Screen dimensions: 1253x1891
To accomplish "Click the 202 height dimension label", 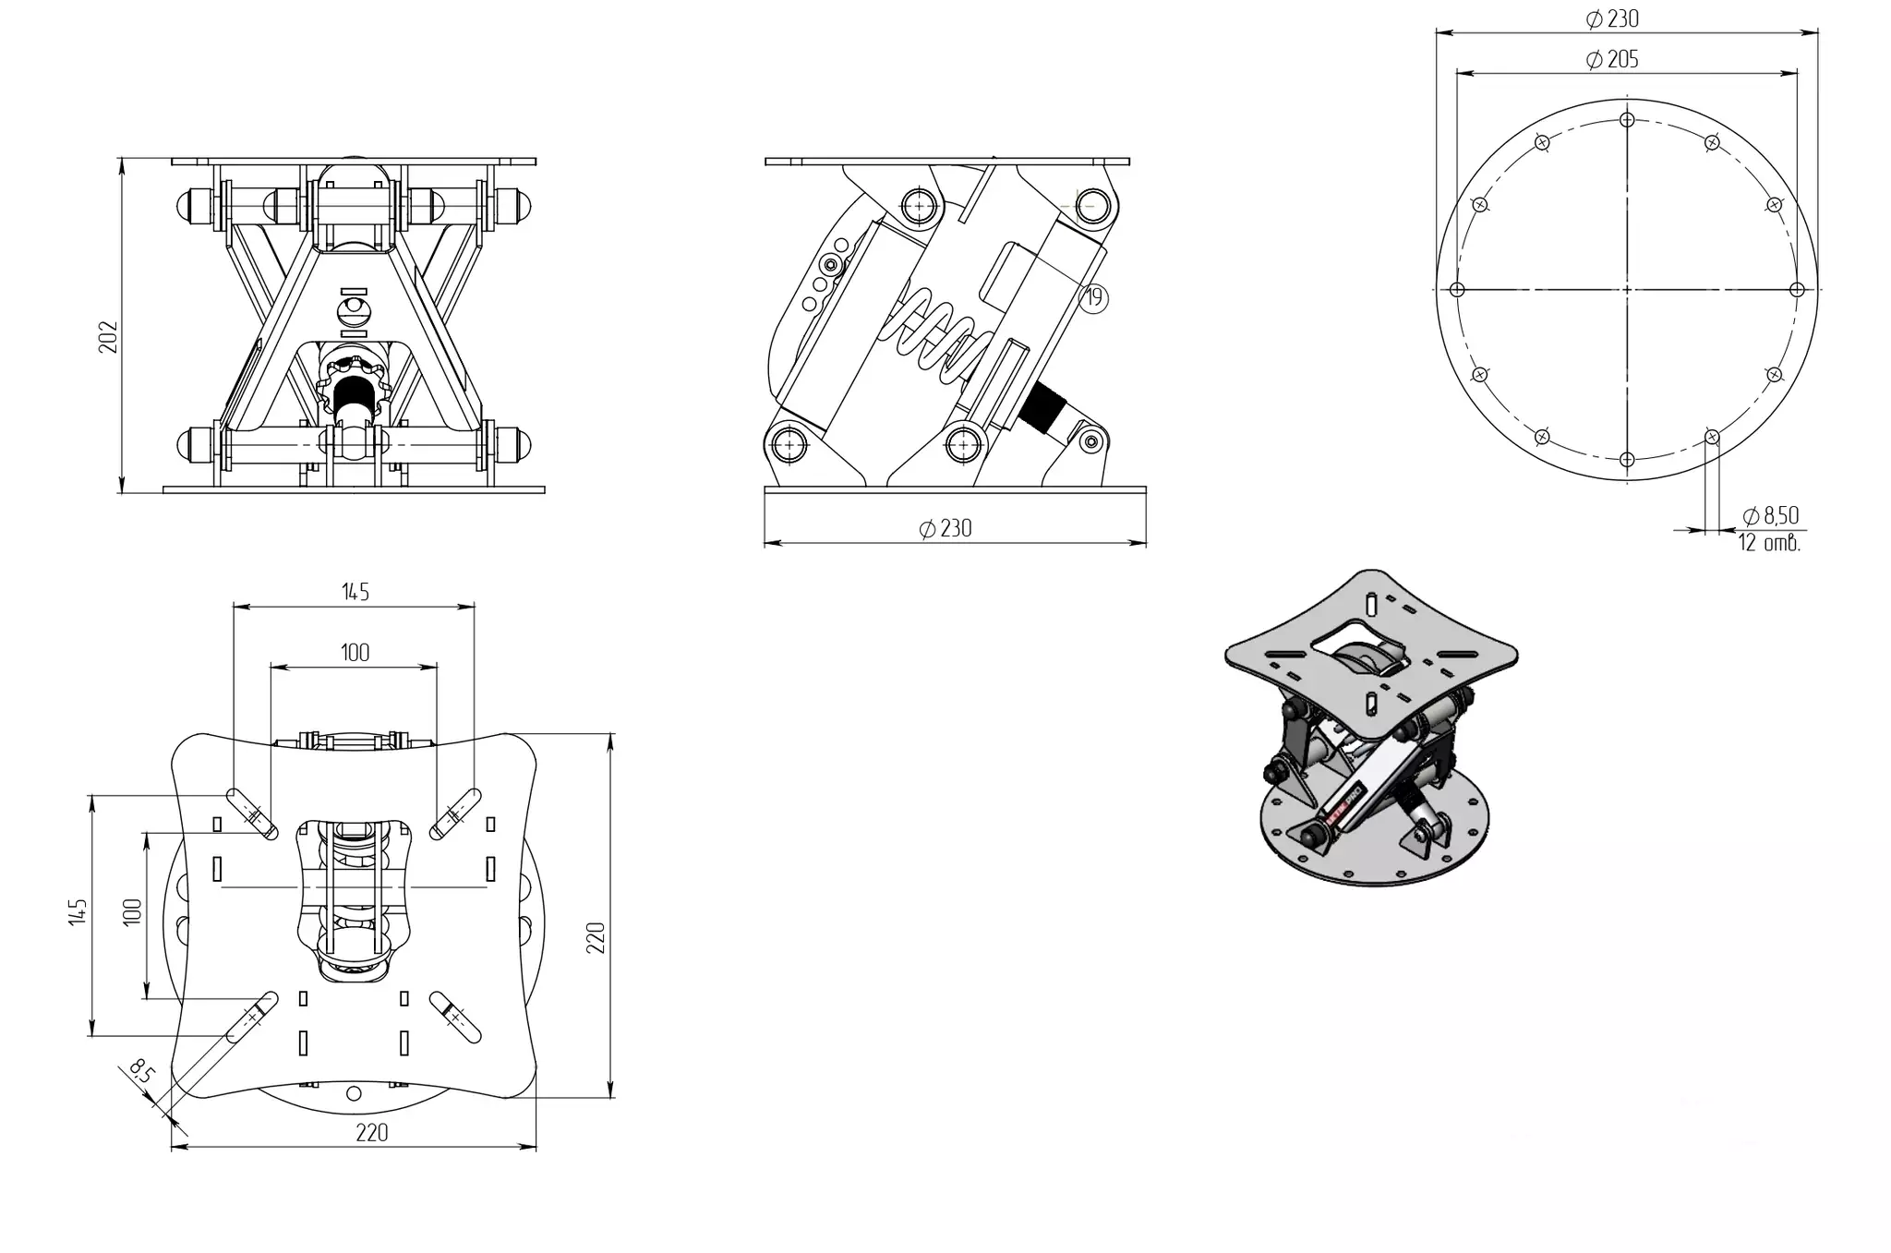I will pyautogui.click(x=109, y=337).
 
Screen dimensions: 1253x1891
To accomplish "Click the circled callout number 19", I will pyautogui.click(x=1094, y=297).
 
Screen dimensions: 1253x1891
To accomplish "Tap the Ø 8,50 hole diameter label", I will pyautogui.click(x=1770, y=515).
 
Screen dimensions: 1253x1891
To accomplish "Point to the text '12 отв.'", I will pyautogui.click(x=1769, y=543).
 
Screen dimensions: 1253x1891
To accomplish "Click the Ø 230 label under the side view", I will pyautogui.click(x=945, y=528).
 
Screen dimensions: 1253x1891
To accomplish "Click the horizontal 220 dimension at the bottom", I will pyautogui.click(x=371, y=1133).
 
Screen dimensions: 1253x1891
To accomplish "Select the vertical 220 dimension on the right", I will pyautogui.click(x=596, y=937).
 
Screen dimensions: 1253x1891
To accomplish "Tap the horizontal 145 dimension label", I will pyautogui.click(x=355, y=592).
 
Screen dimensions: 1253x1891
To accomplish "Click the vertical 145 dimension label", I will pyautogui.click(x=78, y=912).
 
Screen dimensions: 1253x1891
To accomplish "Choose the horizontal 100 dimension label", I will pyautogui.click(x=355, y=653).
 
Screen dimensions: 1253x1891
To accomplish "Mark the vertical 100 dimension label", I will pyautogui.click(x=133, y=912).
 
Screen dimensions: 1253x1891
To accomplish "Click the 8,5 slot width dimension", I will pyautogui.click(x=141, y=1073).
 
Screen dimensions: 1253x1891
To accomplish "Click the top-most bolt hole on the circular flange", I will pyautogui.click(x=1627, y=120).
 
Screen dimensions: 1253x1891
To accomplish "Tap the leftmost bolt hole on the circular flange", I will pyautogui.click(x=1457, y=290).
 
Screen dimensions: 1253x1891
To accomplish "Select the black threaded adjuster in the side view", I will pyautogui.click(x=1043, y=407).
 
